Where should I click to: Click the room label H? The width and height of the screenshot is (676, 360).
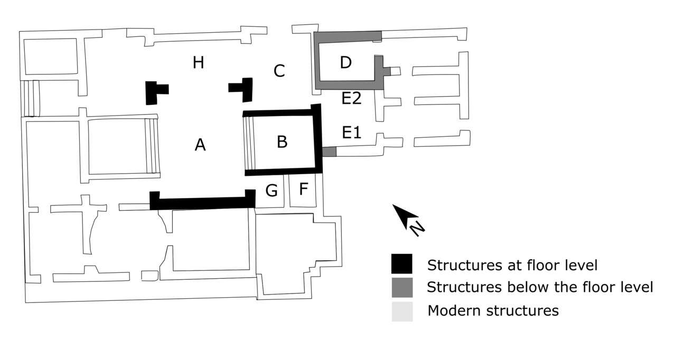click(198, 63)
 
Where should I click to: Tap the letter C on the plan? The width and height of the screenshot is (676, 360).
click(279, 71)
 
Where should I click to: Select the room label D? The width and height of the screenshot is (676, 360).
click(345, 63)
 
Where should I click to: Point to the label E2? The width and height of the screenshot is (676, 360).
click(351, 99)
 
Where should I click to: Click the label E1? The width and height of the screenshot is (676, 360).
click(351, 132)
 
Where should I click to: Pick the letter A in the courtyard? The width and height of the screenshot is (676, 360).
click(200, 144)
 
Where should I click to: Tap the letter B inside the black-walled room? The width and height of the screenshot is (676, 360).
click(282, 141)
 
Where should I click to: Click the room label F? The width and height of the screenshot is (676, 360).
click(303, 189)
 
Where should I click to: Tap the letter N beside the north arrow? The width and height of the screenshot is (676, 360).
click(417, 228)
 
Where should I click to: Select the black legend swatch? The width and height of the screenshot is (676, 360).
click(401, 264)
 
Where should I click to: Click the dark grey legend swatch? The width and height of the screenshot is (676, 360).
click(401, 287)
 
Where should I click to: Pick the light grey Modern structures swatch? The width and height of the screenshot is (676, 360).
click(401, 310)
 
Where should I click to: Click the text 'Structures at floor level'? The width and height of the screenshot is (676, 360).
click(512, 264)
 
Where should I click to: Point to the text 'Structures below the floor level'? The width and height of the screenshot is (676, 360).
click(540, 287)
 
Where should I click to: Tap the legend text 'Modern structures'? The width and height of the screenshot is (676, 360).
click(493, 310)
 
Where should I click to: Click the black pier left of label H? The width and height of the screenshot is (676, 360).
click(153, 92)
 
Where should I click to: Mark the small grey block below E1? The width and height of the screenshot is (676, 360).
click(329, 151)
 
